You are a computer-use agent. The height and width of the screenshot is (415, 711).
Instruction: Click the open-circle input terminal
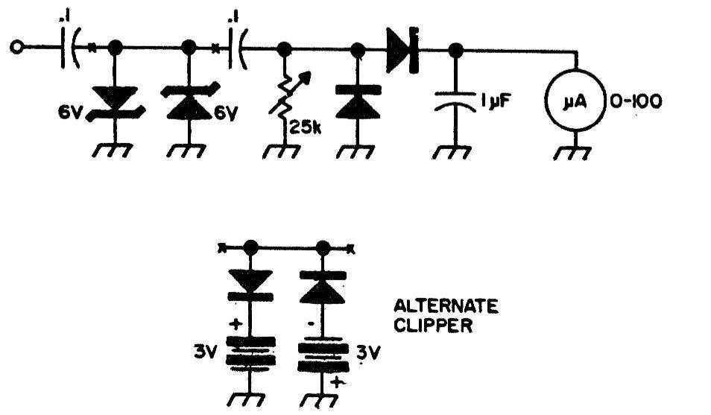[16, 47]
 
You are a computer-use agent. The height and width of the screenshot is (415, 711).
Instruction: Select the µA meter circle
[575, 101]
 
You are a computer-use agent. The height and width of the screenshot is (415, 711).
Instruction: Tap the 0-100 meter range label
[636, 101]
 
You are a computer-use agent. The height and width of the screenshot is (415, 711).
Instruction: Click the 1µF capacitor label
[495, 101]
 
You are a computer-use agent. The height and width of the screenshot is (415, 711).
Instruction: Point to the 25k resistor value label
[305, 127]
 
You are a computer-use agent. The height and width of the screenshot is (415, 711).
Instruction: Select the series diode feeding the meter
[402, 50]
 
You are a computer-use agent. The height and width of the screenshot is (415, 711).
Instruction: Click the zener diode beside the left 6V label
[116, 104]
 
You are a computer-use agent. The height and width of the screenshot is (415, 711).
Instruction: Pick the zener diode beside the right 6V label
[189, 102]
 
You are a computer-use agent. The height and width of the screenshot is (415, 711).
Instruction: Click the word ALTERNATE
[446, 306]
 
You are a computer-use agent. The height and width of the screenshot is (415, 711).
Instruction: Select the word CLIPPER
[433, 326]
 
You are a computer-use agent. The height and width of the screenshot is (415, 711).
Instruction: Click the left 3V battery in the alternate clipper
[250, 351]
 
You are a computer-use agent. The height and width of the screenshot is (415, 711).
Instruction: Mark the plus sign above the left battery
[236, 324]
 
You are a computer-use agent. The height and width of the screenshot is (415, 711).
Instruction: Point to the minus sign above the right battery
[311, 323]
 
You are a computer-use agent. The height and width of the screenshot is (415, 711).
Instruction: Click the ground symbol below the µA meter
[572, 153]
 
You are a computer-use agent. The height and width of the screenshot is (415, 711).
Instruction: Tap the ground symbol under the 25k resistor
[281, 151]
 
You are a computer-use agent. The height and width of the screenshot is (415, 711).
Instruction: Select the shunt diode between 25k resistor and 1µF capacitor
[358, 103]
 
